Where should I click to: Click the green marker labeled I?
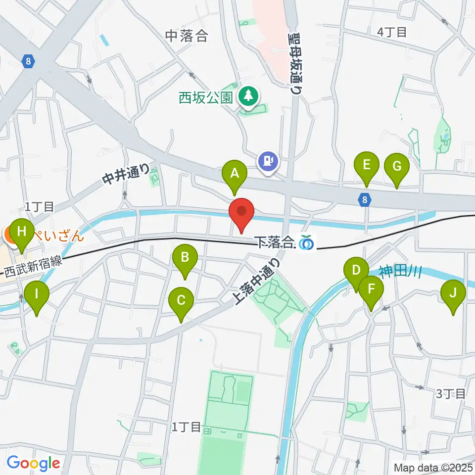pyautogui.click(x=37, y=296)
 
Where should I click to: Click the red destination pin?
pyautogui.click(x=241, y=213)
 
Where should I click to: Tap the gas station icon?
pyautogui.click(x=268, y=161)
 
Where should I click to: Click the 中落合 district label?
pyautogui.click(x=186, y=36)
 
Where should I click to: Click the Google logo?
pyautogui.click(x=33, y=464)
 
